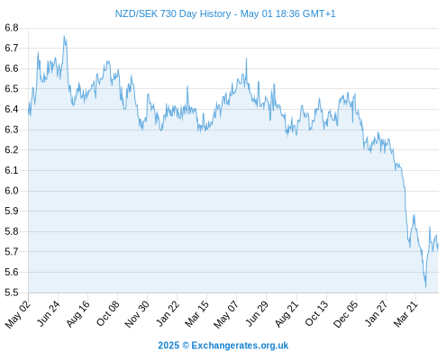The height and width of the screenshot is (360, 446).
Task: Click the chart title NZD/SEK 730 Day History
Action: (173, 13)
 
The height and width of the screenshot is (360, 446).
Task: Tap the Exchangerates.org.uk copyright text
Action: (223, 346)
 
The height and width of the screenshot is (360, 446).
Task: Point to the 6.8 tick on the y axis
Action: (12, 28)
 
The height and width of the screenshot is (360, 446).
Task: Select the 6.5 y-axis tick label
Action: (12, 89)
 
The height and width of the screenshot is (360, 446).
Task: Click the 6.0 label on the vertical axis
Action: (12, 191)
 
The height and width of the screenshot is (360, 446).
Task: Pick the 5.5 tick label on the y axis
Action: (12, 292)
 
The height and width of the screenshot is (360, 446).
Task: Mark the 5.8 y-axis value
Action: (12, 231)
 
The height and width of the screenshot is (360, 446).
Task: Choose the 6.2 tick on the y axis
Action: (12, 150)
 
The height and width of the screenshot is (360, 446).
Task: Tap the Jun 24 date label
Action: (48, 313)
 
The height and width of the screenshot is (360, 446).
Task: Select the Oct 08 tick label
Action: (108, 313)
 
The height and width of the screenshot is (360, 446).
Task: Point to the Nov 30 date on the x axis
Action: (137, 314)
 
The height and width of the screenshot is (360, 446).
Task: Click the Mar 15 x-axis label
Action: (197, 314)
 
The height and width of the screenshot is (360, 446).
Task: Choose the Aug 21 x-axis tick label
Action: (287, 314)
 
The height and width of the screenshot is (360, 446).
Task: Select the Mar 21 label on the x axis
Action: (405, 314)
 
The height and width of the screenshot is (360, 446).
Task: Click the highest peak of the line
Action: (64, 36)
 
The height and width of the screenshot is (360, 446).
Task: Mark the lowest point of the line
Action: (425, 287)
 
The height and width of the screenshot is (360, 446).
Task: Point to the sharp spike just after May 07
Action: (246, 58)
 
